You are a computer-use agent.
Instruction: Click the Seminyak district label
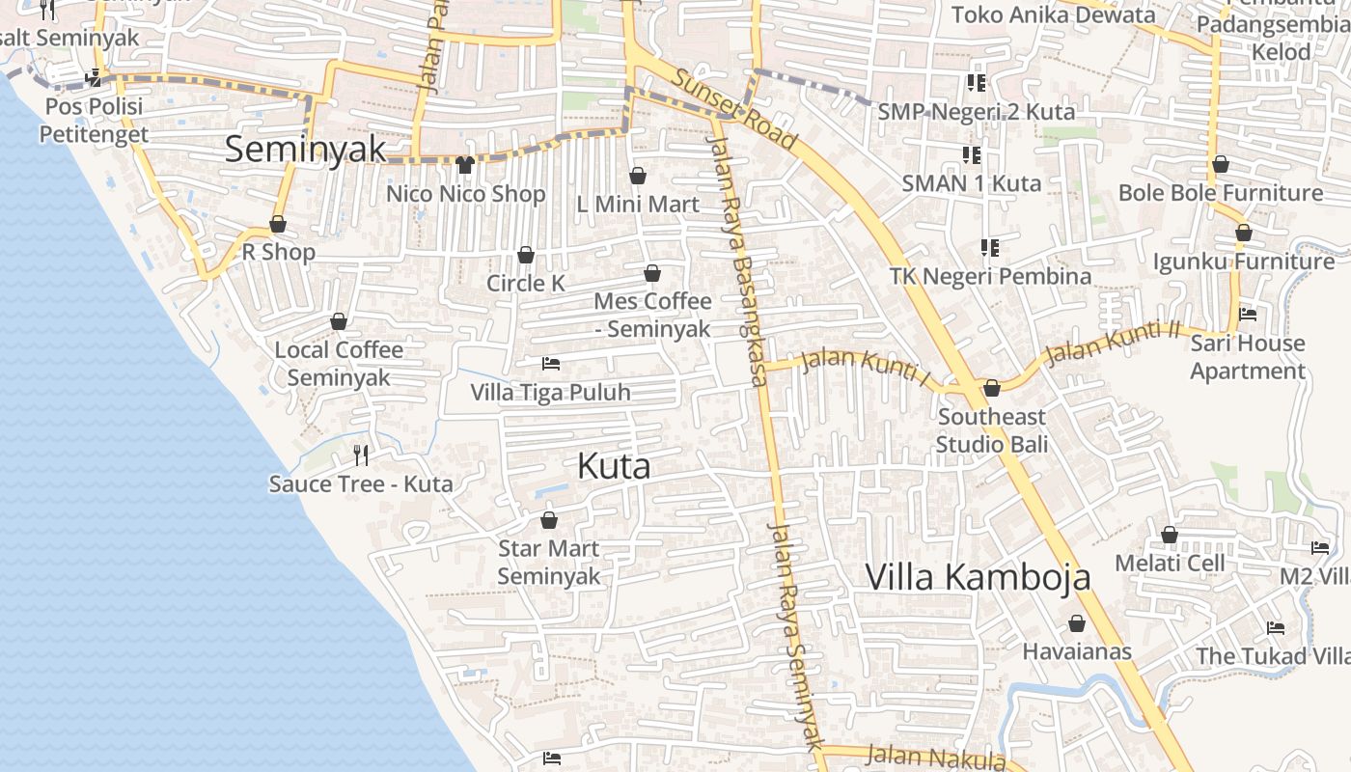pos(305,150)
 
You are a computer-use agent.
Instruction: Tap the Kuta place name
pos(614,467)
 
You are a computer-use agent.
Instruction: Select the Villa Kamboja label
pos(978,577)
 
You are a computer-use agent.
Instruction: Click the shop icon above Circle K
pos(526,255)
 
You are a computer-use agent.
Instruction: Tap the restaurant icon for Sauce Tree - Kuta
pos(361,455)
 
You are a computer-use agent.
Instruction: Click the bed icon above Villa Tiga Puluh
pos(551,364)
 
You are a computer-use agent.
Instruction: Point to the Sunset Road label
pos(735,108)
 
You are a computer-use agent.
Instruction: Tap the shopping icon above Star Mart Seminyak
pos(549,521)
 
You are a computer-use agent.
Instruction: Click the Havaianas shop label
pos(1077,651)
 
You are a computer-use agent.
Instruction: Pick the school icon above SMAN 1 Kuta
pos(972,154)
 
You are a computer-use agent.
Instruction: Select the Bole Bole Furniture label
pos(1221,193)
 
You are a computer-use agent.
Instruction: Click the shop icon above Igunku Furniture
pos(1244,233)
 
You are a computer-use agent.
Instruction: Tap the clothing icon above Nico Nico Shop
pos(465,165)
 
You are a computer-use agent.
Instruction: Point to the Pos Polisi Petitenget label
pos(94,120)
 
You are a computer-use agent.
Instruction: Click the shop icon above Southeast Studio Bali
pos(992,388)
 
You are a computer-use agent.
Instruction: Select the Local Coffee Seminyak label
pos(339,363)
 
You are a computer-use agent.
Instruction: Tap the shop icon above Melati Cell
pos(1170,535)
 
